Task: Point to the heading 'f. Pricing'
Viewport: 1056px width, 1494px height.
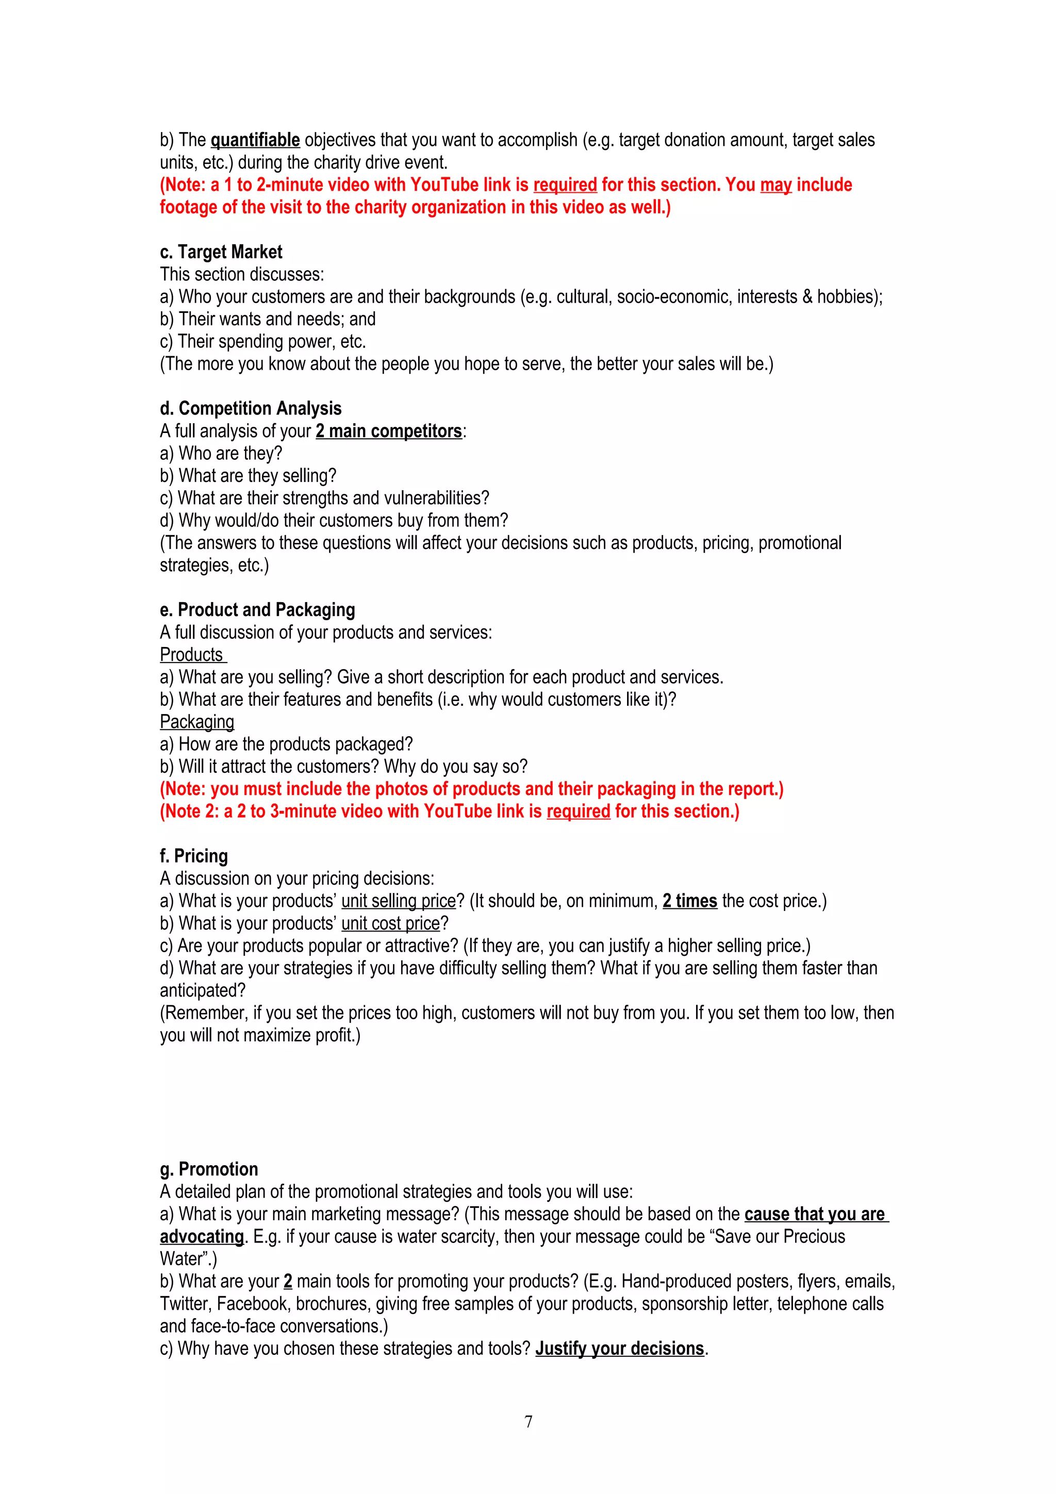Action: pyautogui.click(x=194, y=856)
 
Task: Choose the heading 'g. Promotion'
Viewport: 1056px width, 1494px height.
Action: pyautogui.click(x=209, y=1169)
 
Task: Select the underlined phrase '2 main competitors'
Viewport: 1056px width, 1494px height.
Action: pyautogui.click(x=388, y=431)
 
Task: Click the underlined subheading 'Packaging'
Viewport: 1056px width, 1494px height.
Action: pyautogui.click(x=196, y=722)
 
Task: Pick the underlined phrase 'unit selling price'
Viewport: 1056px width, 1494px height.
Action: pyautogui.click(x=398, y=901)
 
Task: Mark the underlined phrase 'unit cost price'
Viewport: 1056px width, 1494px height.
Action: pyautogui.click(x=390, y=923)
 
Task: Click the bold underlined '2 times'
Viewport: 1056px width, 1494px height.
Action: pyautogui.click(x=690, y=901)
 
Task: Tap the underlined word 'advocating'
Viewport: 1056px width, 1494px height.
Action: pyautogui.click(x=202, y=1236)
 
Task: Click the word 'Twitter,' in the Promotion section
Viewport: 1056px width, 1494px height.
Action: pyautogui.click(x=186, y=1303)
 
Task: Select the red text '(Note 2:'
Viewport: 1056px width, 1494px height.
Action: pyautogui.click(x=189, y=811)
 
